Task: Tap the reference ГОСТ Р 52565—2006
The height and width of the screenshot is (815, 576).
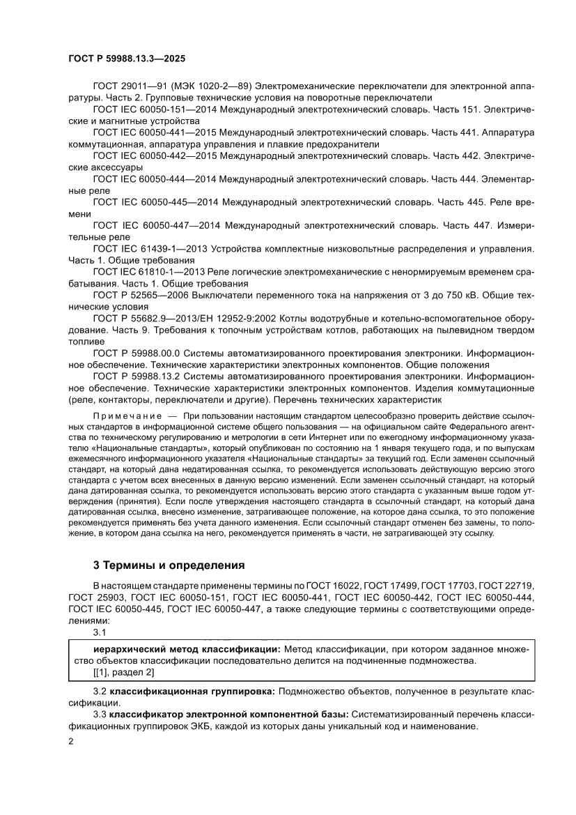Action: click(136, 294)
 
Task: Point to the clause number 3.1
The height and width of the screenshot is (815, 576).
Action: click(99, 632)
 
